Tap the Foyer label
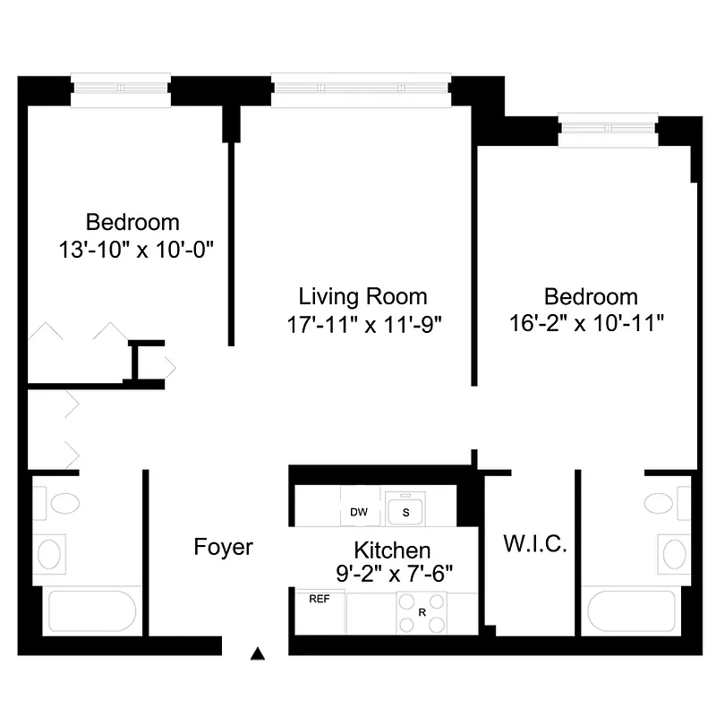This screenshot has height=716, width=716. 224,547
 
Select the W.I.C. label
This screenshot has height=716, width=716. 535,544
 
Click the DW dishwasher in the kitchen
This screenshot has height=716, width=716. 359,512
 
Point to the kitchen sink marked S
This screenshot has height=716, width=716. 405,511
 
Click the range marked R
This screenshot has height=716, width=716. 422,613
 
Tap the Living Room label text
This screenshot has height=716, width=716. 362,296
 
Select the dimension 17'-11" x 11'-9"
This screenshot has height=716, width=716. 362,322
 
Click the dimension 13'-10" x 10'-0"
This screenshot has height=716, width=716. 132,248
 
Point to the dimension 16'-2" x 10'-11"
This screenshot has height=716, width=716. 592,322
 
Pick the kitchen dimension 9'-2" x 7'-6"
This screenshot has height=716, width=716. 391,573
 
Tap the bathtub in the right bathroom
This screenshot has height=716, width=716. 631,611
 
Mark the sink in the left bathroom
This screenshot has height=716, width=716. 49,553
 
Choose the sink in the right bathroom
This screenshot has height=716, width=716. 672,553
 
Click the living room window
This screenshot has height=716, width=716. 362,90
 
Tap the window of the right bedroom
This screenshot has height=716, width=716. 608,131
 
